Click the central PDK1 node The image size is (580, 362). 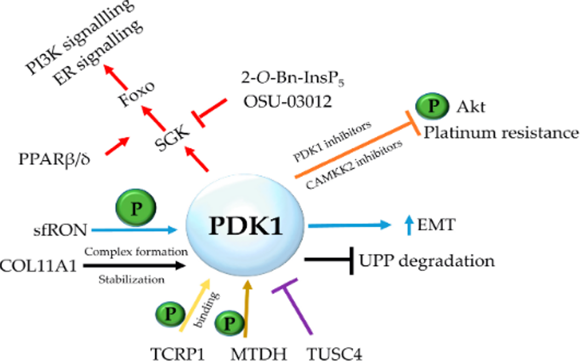[x=245, y=225]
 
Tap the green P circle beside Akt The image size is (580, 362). [x=433, y=106]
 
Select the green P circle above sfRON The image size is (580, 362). [x=136, y=208]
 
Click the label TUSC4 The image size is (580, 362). [x=334, y=354]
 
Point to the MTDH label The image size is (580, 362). [x=259, y=354]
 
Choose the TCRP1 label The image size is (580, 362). [x=178, y=354]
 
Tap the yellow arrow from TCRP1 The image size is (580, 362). [x=195, y=305]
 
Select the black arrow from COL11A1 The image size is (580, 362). [x=134, y=265]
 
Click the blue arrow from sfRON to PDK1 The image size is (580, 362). [x=135, y=230]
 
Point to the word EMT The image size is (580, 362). [x=436, y=225]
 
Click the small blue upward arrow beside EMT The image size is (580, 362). [x=409, y=225]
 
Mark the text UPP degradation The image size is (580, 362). [x=427, y=261]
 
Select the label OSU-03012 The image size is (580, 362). [x=287, y=101]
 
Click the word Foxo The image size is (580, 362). [x=137, y=94]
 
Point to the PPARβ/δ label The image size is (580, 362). [x=54, y=160]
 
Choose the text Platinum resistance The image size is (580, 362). [x=501, y=133]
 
